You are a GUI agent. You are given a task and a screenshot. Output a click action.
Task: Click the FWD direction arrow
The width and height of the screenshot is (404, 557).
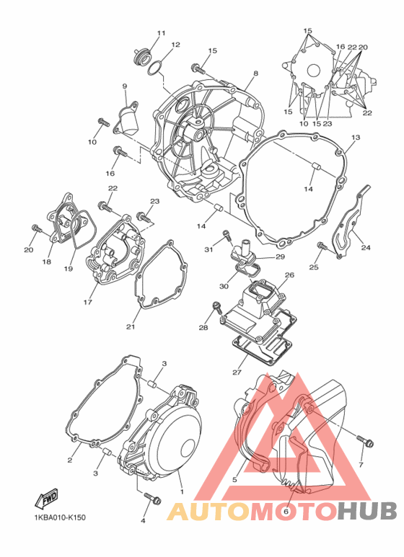[x=46, y=499]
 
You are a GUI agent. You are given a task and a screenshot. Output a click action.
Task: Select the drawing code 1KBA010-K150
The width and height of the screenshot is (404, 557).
[x=60, y=517]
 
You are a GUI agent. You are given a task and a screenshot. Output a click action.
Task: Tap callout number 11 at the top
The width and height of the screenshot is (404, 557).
[x=162, y=33]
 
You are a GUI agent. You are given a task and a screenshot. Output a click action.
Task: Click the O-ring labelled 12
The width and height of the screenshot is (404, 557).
[x=154, y=68]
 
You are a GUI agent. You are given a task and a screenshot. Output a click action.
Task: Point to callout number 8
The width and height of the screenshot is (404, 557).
[x=255, y=73]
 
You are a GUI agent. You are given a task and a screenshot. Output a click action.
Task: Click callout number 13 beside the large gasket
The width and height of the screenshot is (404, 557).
[x=356, y=137]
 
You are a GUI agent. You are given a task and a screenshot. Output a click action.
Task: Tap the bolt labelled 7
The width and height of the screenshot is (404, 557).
[x=365, y=441]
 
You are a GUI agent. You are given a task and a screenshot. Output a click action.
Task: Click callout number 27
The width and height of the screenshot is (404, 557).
[x=237, y=373]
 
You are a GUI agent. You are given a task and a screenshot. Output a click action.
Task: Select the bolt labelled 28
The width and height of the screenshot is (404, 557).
[x=216, y=308]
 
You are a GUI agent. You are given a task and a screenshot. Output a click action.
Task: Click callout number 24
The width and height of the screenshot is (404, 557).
[x=366, y=247]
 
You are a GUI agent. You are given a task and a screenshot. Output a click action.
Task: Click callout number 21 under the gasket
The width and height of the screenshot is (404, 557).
[x=131, y=326]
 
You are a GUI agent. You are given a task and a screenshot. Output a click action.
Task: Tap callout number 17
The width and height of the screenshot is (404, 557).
[x=88, y=303]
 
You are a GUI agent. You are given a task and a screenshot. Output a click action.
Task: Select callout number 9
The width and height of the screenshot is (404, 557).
[x=125, y=86]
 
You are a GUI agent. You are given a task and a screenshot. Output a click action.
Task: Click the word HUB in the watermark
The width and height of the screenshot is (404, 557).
[x=367, y=510]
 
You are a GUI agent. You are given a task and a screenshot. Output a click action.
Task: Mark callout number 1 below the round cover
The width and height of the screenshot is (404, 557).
[x=182, y=492]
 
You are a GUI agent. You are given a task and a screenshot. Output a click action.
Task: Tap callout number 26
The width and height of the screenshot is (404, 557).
[x=289, y=275]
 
